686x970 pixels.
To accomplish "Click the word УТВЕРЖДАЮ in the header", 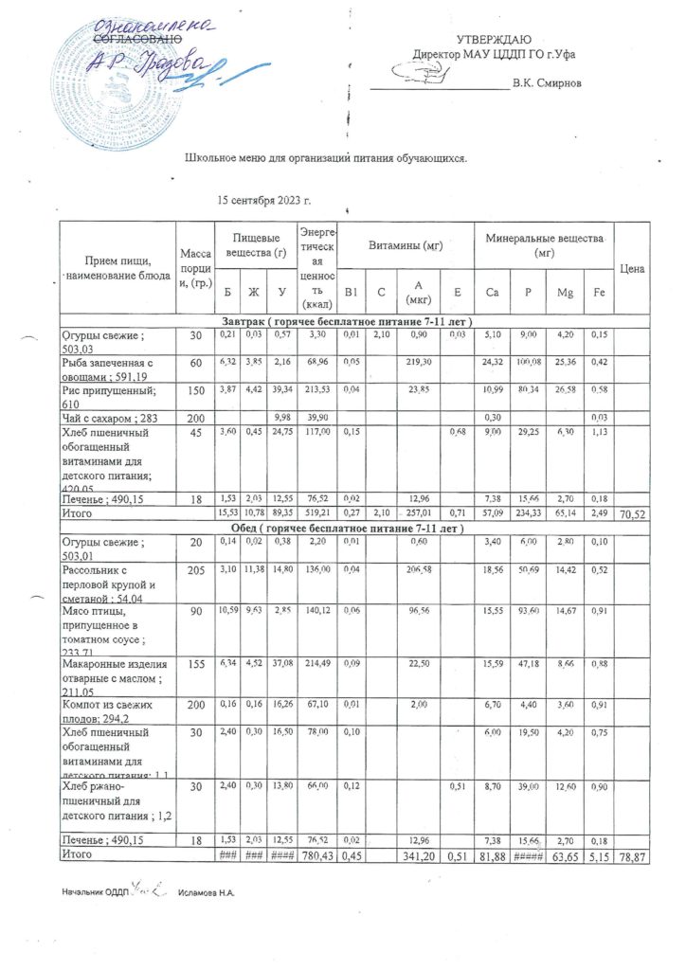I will [x=494, y=39].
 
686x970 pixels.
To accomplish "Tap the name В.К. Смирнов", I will [x=547, y=84].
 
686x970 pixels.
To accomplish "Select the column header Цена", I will [x=632, y=269].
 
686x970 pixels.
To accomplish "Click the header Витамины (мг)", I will [x=405, y=243].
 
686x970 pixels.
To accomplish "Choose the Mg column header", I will [x=564, y=295].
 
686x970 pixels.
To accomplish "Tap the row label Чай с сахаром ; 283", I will [x=102, y=420].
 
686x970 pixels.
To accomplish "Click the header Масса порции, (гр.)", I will [x=195, y=269].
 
